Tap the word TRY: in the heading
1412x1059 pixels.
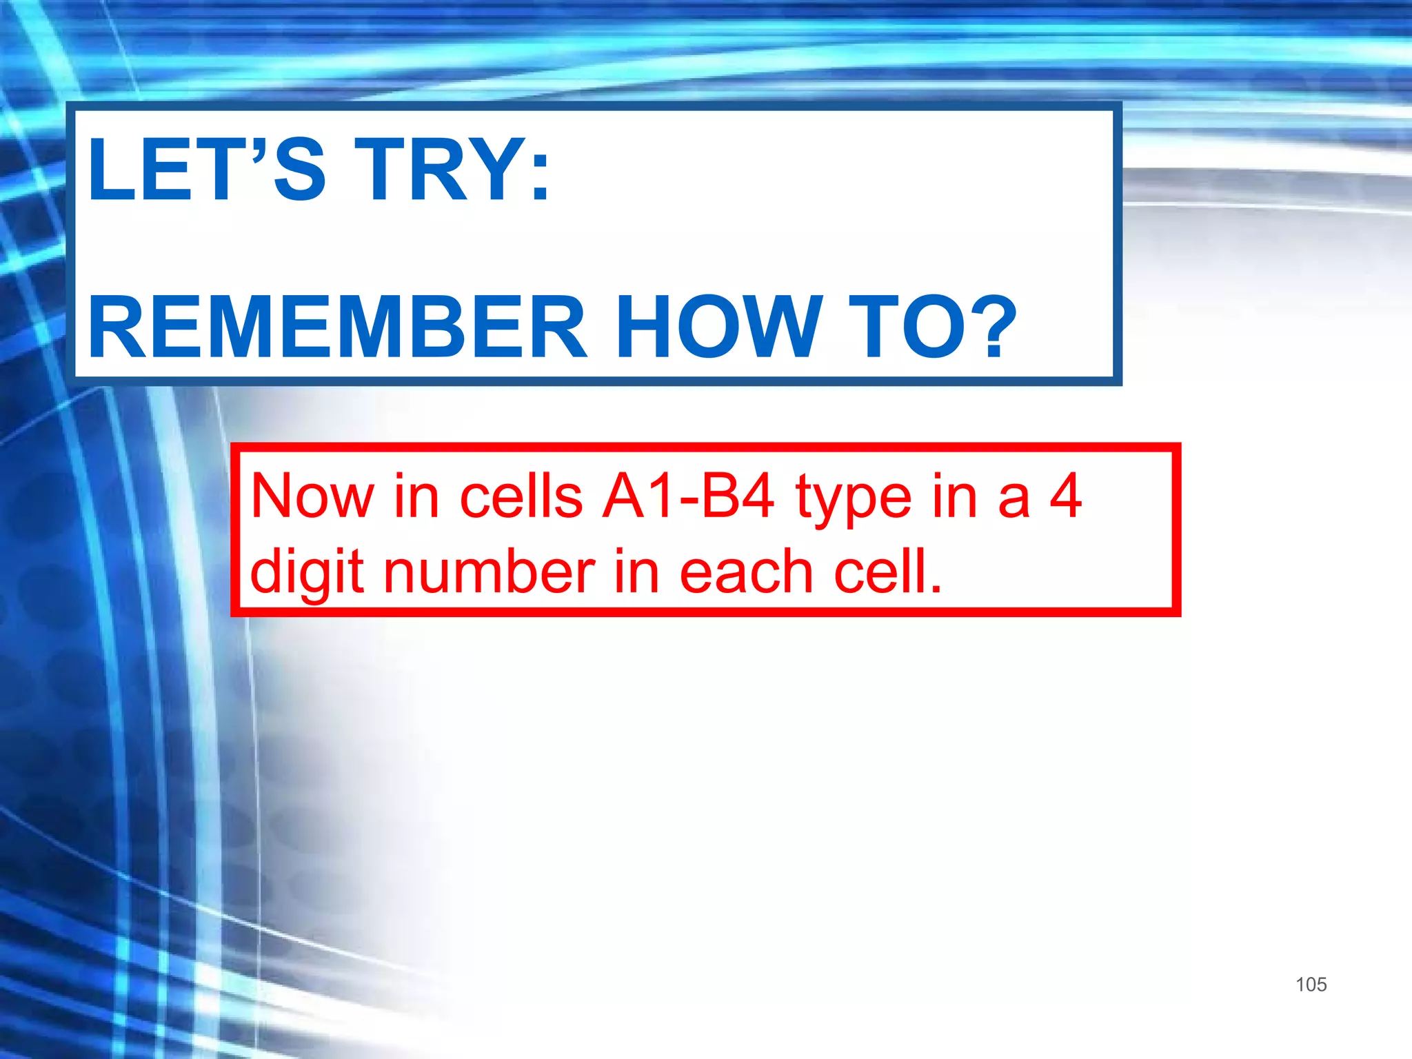coord(452,170)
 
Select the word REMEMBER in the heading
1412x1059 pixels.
coord(338,327)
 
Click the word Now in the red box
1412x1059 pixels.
coord(312,496)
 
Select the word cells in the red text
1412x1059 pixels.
coord(521,496)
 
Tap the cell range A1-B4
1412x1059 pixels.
coord(687,496)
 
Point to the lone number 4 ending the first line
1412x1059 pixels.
coord(1065,496)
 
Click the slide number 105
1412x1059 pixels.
coord(1311,985)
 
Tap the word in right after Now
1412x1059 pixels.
coord(416,496)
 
